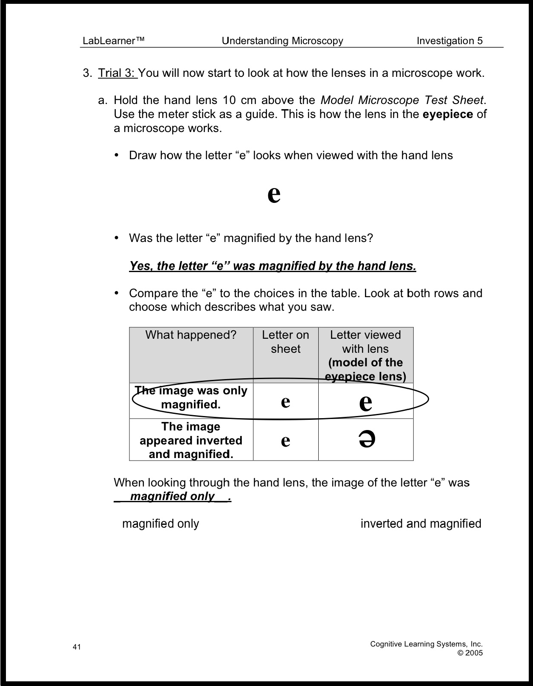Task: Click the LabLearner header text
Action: (x=113, y=41)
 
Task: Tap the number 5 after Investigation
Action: (x=480, y=41)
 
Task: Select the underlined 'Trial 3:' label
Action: (x=117, y=73)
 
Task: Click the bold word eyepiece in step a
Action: (x=448, y=114)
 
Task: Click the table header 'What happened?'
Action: (x=191, y=335)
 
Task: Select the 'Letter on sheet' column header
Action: (x=286, y=342)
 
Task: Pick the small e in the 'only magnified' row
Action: (x=286, y=401)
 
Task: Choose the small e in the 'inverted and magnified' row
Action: (x=286, y=441)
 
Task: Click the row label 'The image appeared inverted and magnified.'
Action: (x=191, y=440)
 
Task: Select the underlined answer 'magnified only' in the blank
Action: (x=172, y=496)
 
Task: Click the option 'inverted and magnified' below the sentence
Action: (x=421, y=523)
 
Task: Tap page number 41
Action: (x=77, y=647)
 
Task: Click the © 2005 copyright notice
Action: (x=470, y=653)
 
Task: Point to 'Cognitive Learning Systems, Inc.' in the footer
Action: (x=426, y=644)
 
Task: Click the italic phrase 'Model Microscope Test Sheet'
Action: (x=402, y=100)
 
